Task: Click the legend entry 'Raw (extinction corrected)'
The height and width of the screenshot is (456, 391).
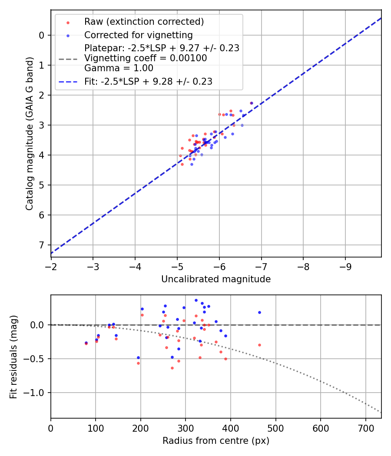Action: [144, 22]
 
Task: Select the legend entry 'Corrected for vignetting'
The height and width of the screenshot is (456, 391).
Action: [138, 35]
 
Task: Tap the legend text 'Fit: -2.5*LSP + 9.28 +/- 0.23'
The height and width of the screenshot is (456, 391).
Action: [148, 81]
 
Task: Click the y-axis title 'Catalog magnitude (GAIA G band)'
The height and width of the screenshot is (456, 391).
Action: [29, 132]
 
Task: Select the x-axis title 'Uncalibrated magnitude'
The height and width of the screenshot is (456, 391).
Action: [216, 279]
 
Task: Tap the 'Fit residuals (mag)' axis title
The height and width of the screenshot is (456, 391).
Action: [13, 357]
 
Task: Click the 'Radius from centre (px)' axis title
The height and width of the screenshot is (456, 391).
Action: [216, 441]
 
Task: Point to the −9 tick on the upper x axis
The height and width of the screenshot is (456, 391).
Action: [345, 265]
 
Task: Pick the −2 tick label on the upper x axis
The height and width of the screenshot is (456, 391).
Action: [51, 265]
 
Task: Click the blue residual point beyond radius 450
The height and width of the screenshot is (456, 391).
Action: [259, 312]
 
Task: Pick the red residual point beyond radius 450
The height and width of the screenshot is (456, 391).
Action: [259, 345]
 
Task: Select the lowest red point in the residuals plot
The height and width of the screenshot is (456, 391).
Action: [172, 368]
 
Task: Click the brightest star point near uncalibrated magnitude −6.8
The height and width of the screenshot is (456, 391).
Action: [252, 103]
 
